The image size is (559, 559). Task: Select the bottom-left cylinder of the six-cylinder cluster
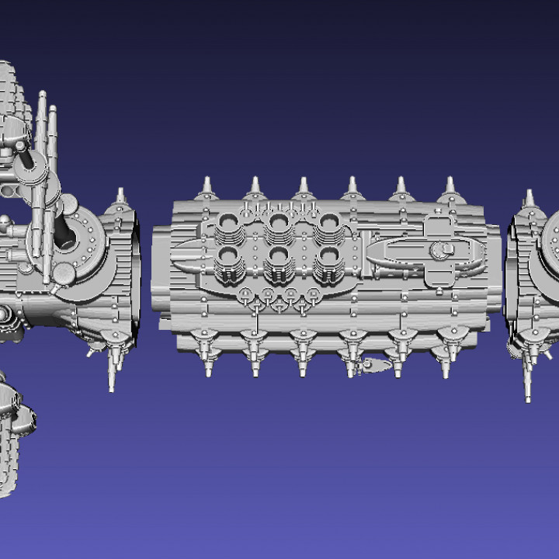[x=231, y=262]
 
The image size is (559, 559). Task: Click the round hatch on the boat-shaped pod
[x=445, y=250]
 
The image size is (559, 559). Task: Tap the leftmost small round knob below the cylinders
[x=245, y=293]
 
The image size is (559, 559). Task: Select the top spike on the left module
[x=120, y=195]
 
